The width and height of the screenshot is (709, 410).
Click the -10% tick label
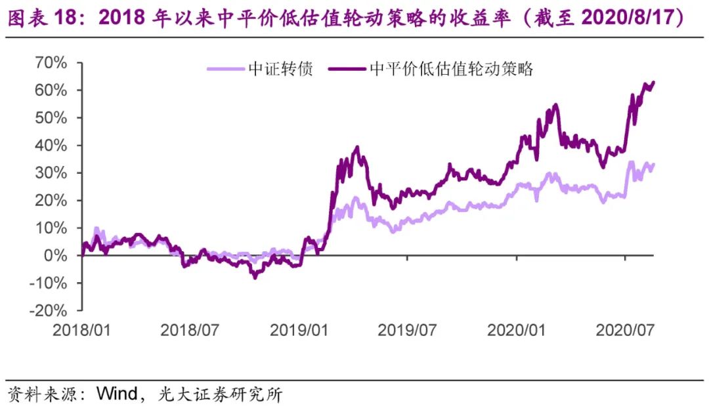45,283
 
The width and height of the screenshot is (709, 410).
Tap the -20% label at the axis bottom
45,311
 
